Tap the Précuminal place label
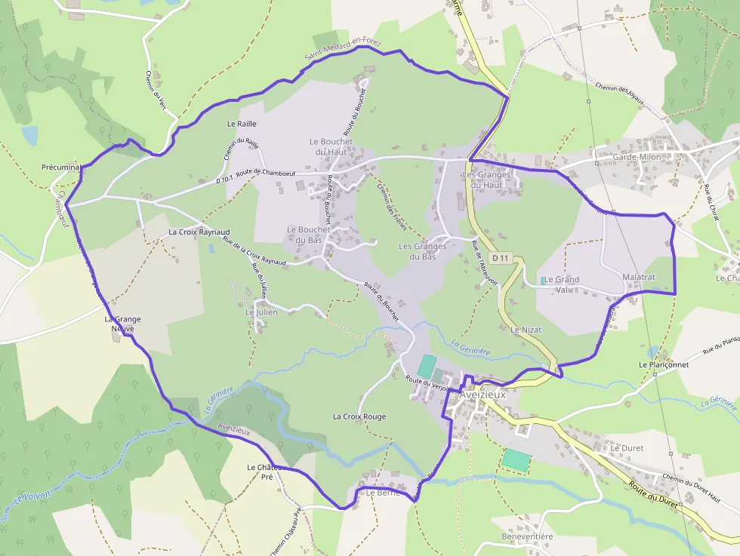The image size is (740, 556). click(x=61, y=167)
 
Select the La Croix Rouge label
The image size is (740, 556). click(x=359, y=416)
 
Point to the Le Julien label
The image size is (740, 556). click(x=261, y=312)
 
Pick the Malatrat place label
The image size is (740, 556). click(x=639, y=277)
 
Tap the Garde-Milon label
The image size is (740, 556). click(x=637, y=157)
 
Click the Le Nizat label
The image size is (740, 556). click(x=526, y=330)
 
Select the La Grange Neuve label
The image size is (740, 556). click(x=122, y=324)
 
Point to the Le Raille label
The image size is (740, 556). click(x=242, y=123)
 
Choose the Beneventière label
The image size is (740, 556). click(x=527, y=536)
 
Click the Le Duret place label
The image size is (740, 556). click(x=627, y=447)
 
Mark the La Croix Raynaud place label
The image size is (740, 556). click(x=199, y=232)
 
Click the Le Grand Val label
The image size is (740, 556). click(x=561, y=284)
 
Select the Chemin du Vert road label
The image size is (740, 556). click(x=155, y=90)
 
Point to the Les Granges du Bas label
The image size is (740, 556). click(x=422, y=251)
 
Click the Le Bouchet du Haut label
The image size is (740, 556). click(x=328, y=146)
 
